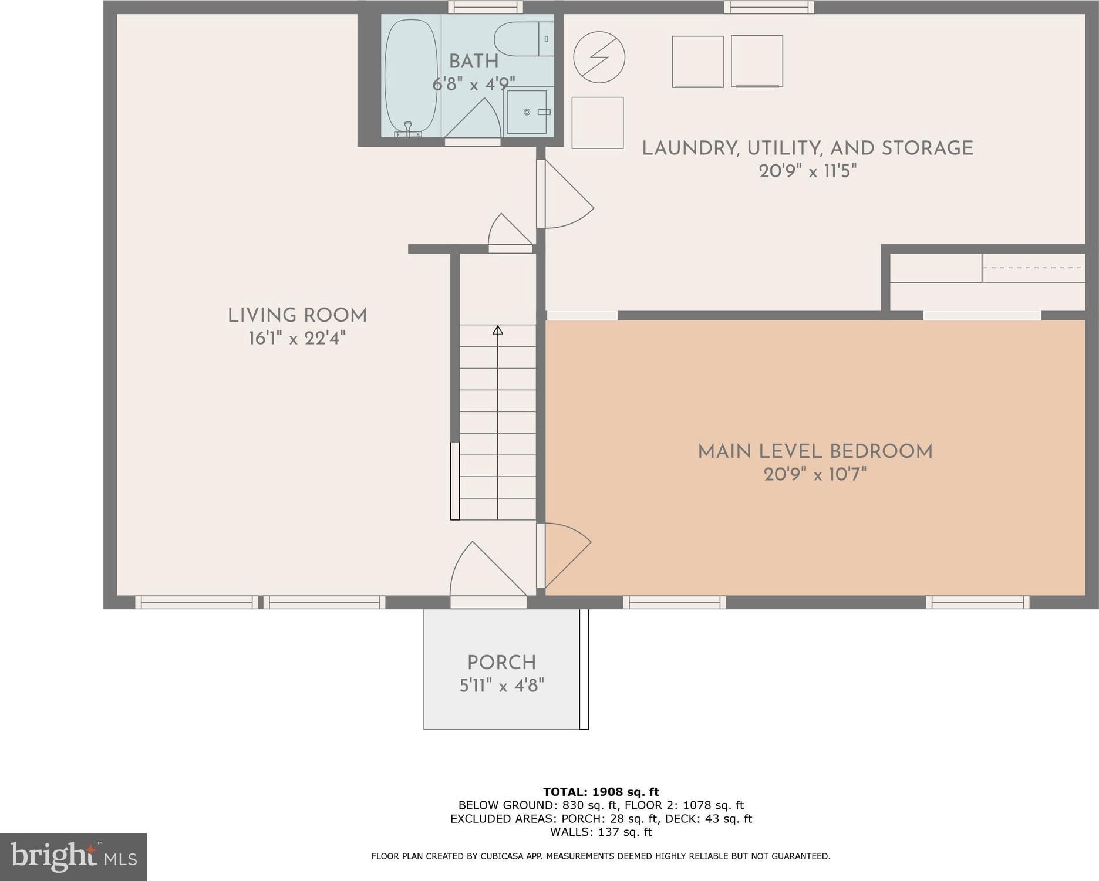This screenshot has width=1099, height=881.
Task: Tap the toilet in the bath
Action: [x=524, y=39]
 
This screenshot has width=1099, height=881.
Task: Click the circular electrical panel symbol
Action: [x=599, y=58]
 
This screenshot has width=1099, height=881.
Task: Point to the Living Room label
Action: [x=297, y=315]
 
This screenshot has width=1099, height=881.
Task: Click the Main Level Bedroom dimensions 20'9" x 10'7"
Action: [x=815, y=474]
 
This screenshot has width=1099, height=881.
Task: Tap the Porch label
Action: [x=501, y=662]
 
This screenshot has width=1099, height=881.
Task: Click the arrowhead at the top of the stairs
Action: [x=498, y=330]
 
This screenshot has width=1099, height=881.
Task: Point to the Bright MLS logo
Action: [x=73, y=856]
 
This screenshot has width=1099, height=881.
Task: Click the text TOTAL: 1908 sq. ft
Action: [x=601, y=792]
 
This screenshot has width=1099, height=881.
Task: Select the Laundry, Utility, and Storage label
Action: [x=807, y=148]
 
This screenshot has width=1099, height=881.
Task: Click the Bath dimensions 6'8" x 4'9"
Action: [x=474, y=85]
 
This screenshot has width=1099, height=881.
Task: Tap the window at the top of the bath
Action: [x=486, y=7]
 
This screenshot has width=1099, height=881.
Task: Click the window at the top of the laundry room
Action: [x=768, y=7]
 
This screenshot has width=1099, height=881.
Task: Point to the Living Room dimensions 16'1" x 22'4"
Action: [x=297, y=338]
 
